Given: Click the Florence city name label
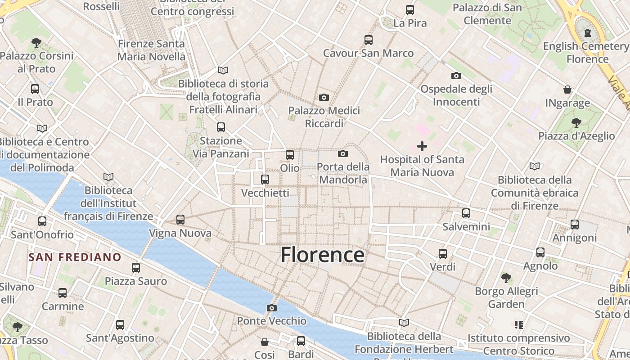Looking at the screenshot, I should coord(323,255).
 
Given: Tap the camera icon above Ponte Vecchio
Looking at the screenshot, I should coord(271,308).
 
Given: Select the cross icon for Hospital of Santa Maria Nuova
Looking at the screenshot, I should coord(422,146).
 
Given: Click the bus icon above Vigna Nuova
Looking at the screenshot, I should coord(180,220).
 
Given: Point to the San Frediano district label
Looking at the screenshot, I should coord(75,257).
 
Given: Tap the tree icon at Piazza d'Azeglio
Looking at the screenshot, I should coord(576,122).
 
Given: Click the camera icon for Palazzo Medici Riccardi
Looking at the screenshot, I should coord(324,97).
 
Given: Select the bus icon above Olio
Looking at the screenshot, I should coord(290,155).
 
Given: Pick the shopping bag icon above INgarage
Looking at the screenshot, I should coord(567,90).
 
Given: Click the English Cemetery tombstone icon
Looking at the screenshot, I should coord(587,32).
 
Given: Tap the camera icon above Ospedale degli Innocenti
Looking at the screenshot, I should coord(456,76).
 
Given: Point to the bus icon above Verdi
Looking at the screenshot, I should coord(443,254).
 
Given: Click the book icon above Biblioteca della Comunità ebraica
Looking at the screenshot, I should coord(535,166).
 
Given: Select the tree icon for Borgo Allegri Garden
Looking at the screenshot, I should coord(506,278).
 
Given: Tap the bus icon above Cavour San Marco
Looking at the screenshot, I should coord(369,40).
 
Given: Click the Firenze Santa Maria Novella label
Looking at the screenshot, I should coord(151,50).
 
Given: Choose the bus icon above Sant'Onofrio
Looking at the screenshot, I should coord(42,221).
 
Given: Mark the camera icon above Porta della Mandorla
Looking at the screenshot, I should coord(343,154).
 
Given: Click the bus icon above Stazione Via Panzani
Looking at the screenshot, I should coord(220,127).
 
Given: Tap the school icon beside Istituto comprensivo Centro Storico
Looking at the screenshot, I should coord(518,324).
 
